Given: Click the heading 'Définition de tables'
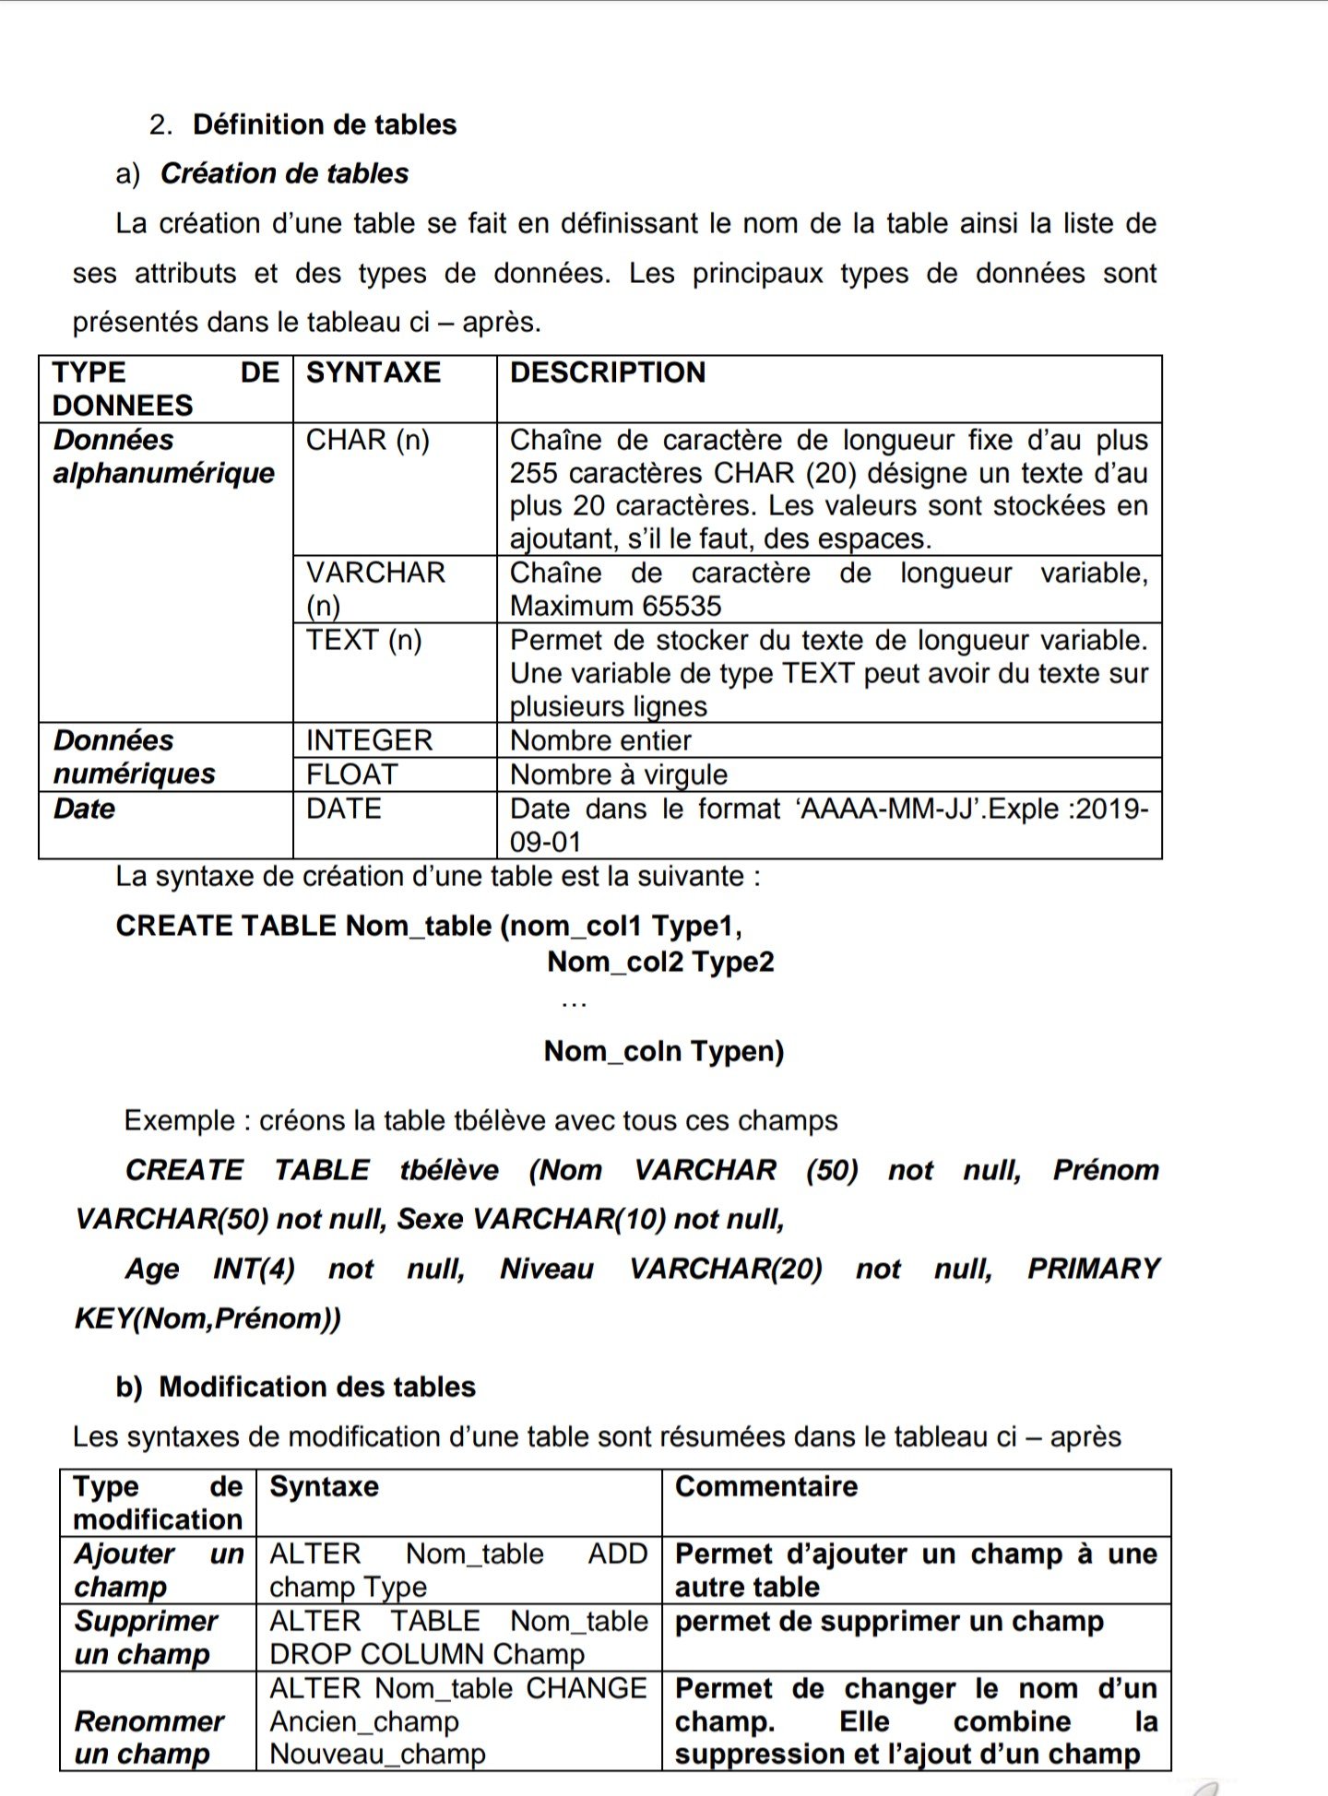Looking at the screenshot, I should [x=325, y=124].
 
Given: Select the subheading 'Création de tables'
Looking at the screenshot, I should [x=284, y=173].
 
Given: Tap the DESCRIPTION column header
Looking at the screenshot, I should [x=608, y=372].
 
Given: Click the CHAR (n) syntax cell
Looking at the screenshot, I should [x=368, y=440].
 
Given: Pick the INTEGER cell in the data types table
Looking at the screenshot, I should [x=369, y=740].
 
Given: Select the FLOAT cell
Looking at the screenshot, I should [x=352, y=774].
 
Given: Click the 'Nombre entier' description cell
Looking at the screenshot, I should [x=600, y=740].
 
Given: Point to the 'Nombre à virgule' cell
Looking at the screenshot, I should [x=619, y=774].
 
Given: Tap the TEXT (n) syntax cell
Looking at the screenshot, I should [x=364, y=640].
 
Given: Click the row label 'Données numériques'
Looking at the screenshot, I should [x=135, y=757].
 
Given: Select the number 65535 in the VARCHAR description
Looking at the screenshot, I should [x=678, y=606].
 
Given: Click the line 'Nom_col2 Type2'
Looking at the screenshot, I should [x=660, y=962].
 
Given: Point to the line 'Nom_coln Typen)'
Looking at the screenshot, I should [x=664, y=1051].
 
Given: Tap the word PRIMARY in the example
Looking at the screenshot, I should [x=1094, y=1269].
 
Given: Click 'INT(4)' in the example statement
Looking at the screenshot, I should [x=254, y=1269].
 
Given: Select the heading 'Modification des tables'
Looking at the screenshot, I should [x=317, y=1387].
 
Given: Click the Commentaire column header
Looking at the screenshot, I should [x=766, y=1486].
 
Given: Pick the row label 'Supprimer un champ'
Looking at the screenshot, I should [x=146, y=1637].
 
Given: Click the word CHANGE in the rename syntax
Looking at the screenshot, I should [x=587, y=1688].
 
